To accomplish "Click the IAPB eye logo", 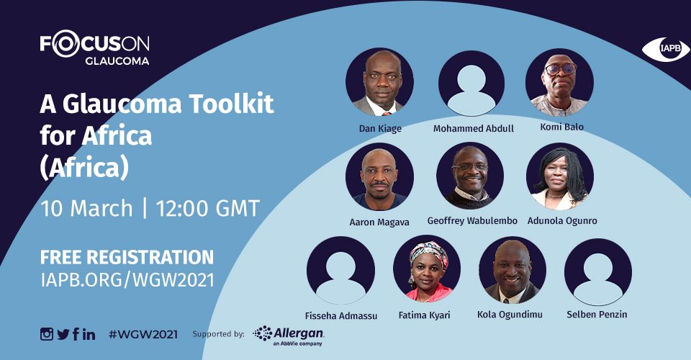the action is tap(665, 49).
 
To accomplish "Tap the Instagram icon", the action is tap(47, 334).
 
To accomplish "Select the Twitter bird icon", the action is tap(63, 335).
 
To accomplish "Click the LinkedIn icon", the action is tap(89, 335).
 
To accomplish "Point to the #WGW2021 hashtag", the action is tap(143, 335).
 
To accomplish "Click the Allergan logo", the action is tap(289, 336).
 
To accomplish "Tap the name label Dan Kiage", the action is tap(380, 129).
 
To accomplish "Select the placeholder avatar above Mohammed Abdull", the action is tap(471, 84).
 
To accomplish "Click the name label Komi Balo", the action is tap(562, 127).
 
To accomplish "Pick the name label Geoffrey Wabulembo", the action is tap(472, 220).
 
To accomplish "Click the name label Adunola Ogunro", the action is tap(562, 220).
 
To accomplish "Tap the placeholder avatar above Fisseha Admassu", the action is tap(340, 270).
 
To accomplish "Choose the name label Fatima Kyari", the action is tap(425, 315).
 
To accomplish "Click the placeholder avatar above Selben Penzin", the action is tap(597, 272).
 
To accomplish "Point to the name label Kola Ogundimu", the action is tap(510, 314).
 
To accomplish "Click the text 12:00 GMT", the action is tap(207, 208).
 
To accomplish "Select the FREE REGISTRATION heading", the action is tap(127, 257).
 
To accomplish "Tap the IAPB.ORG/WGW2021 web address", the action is tap(127, 280).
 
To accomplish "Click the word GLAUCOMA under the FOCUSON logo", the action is tap(117, 61).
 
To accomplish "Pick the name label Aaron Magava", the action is tap(379, 222).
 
